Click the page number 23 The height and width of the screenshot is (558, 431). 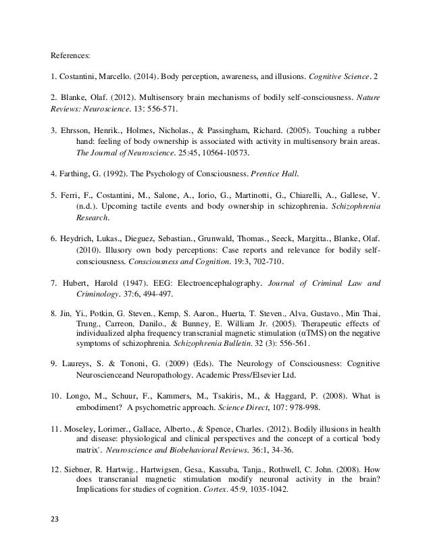[55, 539]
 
